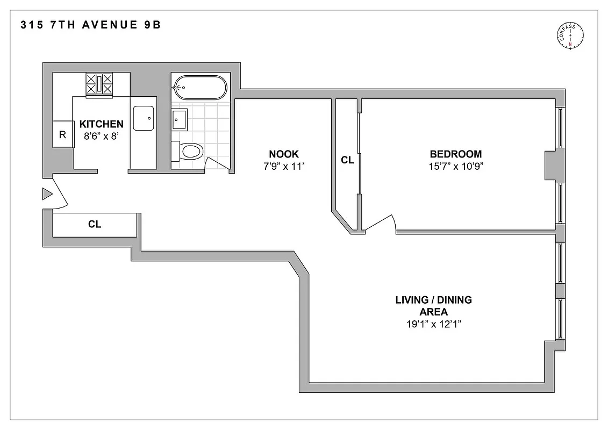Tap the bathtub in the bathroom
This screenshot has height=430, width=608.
tap(199, 87)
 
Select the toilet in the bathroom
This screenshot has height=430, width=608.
tap(189, 150)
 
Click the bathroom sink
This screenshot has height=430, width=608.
tap(180, 119)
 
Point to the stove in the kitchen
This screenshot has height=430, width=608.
tap(100, 85)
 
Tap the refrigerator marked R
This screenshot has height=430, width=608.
tap(62, 134)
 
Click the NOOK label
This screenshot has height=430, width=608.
tap(281, 154)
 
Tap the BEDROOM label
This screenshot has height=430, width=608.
tap(455, 154)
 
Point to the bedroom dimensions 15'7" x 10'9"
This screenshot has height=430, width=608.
tap(456, 166)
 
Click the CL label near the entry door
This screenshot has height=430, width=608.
tap(95, 224)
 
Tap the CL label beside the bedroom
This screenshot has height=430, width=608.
tap(347, 160)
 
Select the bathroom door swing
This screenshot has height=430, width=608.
tap(217, 162)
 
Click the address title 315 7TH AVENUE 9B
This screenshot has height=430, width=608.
tap(90, 25)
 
